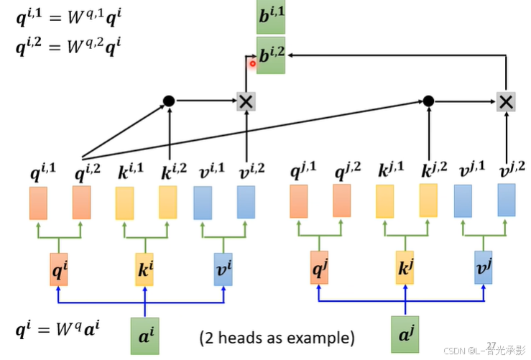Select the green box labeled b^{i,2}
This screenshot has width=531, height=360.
point(271,55)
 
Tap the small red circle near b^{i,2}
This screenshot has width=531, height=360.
point(253,64)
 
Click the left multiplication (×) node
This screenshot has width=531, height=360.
point(246,101)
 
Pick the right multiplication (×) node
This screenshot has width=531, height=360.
point(507,101)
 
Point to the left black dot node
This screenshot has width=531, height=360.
point(169,101)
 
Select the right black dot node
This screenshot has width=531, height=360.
point(428,101)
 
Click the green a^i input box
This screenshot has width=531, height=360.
point(145,333)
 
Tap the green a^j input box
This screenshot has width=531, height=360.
point(405,333)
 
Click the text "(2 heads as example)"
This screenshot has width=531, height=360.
point(277,337)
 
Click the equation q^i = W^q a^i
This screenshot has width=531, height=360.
point(57,330)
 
